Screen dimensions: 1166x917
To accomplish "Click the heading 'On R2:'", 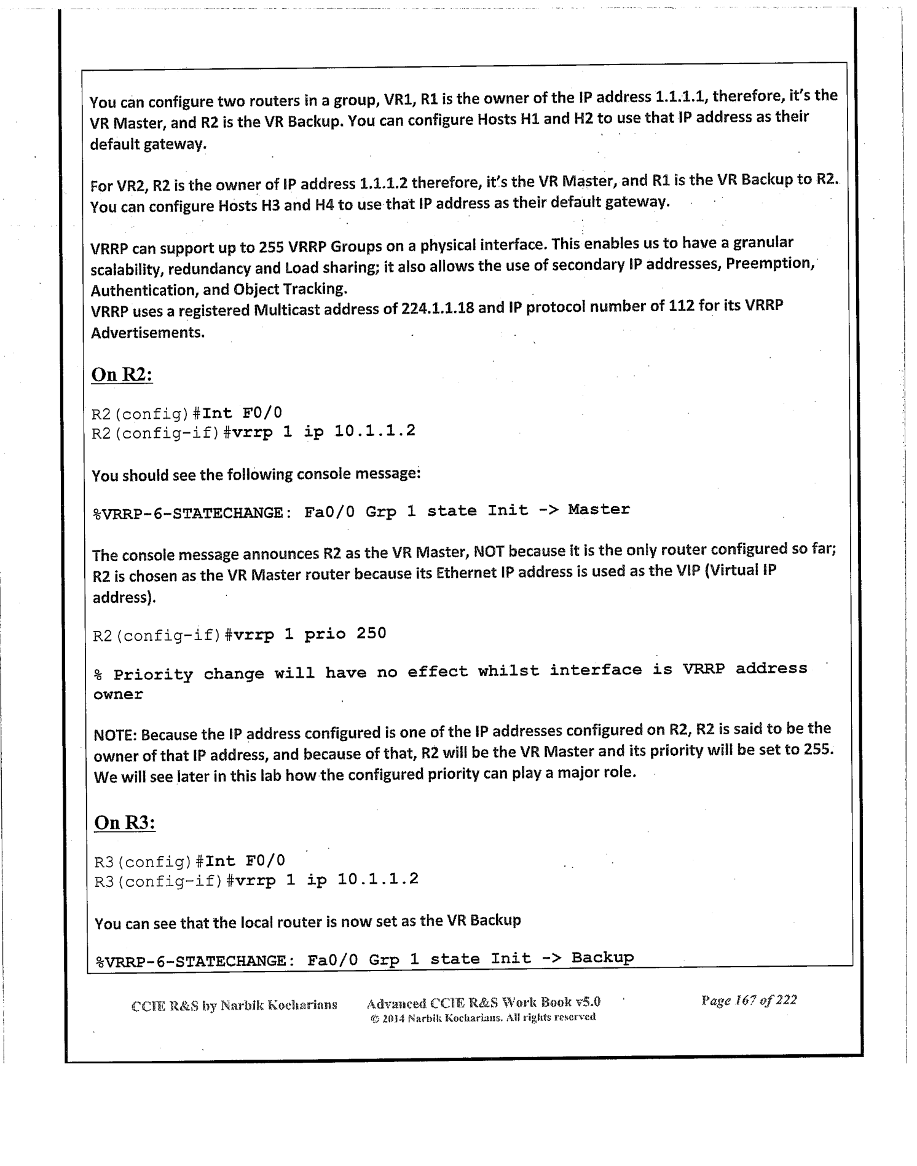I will pyautogui.click(x=122, y=375).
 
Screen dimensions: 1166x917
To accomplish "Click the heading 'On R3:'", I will pyautogui.click(x=125, y=823).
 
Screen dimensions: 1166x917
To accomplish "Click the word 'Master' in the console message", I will pyautogui.click(x=599, y=509).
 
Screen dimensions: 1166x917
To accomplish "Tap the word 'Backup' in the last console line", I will pyautogui.click(x=602, y=958).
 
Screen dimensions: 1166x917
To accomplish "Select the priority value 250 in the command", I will pyautogui.click(x=371, y=633).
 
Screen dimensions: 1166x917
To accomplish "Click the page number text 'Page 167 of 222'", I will pyautogui.click(x=749, y=1000).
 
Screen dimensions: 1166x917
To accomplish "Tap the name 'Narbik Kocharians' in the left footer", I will pyautogui.click(x=278, y=1005).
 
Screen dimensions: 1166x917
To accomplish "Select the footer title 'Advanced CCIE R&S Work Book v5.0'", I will pyautogui.click(x=483, y=1002).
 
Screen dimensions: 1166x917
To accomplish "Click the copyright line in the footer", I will pyautogui.click(x=483, y=1017).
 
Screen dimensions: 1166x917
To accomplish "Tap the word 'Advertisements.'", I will pyautogui.click(x=148, y=333).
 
